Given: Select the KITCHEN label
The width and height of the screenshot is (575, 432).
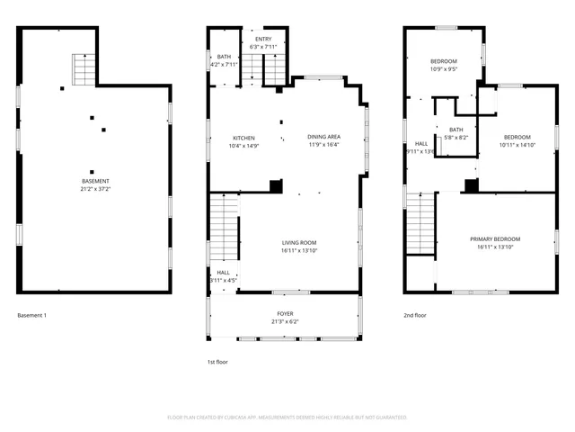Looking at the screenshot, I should [243, 138].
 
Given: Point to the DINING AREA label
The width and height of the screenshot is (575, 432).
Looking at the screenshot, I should [324, 138].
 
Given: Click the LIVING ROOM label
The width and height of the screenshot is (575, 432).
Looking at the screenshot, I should [298, 242].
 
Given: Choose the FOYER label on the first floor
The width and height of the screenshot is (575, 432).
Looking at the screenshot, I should [284, 314].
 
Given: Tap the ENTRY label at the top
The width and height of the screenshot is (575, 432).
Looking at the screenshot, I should [263, 39].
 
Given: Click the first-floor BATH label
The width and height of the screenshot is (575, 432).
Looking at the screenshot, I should [224, 57].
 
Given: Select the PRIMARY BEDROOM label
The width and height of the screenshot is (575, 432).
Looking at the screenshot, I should [495, 238].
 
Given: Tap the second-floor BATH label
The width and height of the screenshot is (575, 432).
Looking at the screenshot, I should [456, 130].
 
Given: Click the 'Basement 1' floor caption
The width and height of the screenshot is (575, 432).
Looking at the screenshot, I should [31, 315].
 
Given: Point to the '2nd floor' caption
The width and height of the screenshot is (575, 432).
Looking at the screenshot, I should [414, 315].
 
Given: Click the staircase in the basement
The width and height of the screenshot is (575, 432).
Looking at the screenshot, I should [84, 68].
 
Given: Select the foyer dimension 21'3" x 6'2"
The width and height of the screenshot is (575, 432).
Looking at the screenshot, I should [284, 321].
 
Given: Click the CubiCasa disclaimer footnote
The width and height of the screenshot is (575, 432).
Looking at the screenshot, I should [287, 418].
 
